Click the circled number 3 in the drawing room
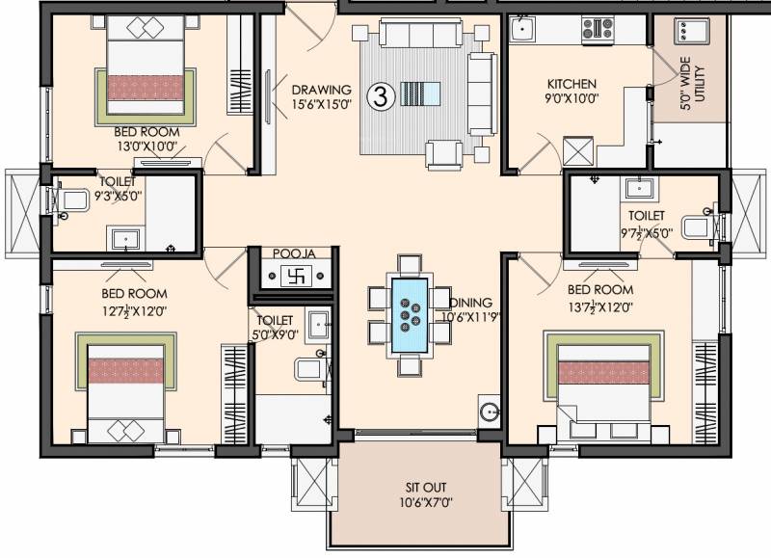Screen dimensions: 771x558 pos(381,96)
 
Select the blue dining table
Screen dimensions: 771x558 pos(409,315)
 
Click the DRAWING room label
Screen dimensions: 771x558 pos(322,90)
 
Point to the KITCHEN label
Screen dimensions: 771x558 pos(572,84)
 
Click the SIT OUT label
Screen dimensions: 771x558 pos(426,488)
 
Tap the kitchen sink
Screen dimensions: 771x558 pos(522,29)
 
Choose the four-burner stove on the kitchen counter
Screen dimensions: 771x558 pos(598,29)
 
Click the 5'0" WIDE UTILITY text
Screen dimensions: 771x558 pos(692,83)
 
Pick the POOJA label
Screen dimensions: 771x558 pos(294,253)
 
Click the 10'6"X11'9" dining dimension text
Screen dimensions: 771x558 pos(469,317)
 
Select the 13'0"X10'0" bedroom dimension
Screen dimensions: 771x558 pos(147,147)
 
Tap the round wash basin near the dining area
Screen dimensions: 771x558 pos(490,410)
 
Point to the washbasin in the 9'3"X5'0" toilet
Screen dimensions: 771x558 pos(126,239)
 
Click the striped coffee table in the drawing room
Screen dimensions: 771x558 pos(420,93)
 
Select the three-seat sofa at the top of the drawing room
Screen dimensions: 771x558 pos(421,34)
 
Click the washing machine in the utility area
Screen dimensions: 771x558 pos(692,32)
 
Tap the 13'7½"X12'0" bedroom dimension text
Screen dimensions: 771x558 pos(600,307)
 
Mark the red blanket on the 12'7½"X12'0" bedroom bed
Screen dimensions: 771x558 pos(126,371)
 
